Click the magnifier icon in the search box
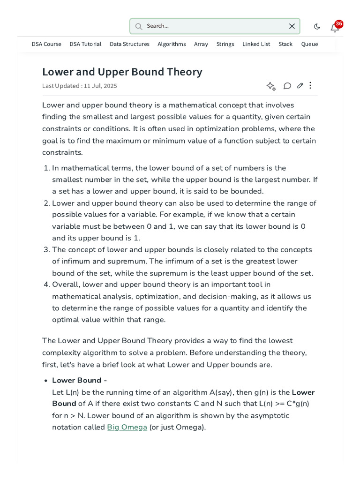[139, 26]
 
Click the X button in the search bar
[292, 26]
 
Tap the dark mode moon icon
[317, 27]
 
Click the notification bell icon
[334, 28]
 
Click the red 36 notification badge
[339, 23]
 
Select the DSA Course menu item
[46, 44]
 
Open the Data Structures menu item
[129, 44]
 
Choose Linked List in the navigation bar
[256, 44]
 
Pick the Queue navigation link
[309, 44]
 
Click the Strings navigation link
[225, 44]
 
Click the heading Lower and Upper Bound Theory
[122, 72]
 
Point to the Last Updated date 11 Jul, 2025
[101, 86]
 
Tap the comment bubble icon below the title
[287, 86]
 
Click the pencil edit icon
[300, 86]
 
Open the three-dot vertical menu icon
[310, 85]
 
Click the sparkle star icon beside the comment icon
[271, 86]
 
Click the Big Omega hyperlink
[127, 427]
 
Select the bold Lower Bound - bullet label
[79, 380]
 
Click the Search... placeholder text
[157, 26]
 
